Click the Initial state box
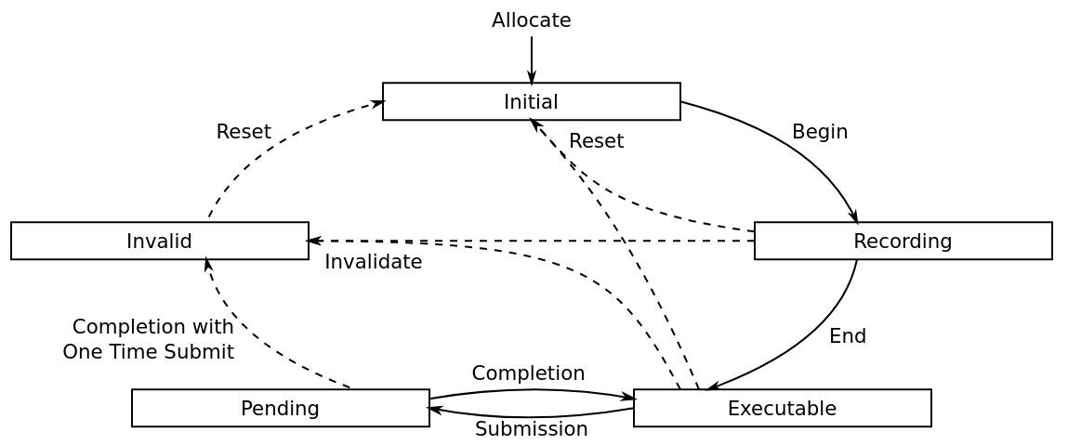[x=532, y=101]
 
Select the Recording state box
[x=903, y=241]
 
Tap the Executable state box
[x=783, y=408]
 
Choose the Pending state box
[x=281, y=408]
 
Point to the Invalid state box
[x=159, y=241]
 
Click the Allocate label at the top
[x=532, y=20]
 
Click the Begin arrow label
[x=820, y=132]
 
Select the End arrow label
[x=848, y=336]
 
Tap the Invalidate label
[x=374, y=262]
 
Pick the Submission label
[x=532, y=429]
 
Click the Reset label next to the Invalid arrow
[x=244, y=132]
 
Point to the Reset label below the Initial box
[x=597, y=141]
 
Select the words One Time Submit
[x=149, y=352]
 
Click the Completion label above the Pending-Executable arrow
[x=529, y=373]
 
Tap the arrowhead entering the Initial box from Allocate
[x=532, y=77]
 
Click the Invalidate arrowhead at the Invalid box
[x=315, y=241]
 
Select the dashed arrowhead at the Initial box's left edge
[x=378, y=103]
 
